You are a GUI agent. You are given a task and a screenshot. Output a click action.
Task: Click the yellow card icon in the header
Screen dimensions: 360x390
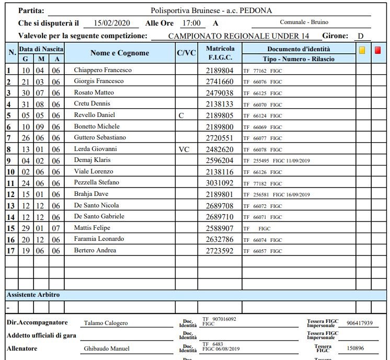click(x=362, y=51)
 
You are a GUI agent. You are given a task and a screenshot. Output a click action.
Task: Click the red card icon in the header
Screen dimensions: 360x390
click(x=378, y=51)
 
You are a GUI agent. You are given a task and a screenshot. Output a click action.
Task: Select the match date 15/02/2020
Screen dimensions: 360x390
click(x=111, y=24)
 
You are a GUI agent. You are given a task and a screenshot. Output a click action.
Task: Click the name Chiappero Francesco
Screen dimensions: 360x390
click(x=102, y=70)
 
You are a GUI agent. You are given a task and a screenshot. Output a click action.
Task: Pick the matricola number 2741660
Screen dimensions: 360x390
click(x=220, y=82)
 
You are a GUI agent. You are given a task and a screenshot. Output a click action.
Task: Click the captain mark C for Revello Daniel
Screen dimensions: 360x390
click(x=181, y=115)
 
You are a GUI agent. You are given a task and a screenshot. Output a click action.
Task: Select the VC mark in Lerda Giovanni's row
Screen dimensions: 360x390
click(x=183, y=149)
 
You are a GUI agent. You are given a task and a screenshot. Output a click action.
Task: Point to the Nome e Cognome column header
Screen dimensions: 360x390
click(x=120, y=53)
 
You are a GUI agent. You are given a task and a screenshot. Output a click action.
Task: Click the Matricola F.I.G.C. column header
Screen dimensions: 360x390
click(x=220, y=53)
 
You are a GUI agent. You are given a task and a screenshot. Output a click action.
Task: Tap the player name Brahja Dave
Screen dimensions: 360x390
click(x=91, y=194)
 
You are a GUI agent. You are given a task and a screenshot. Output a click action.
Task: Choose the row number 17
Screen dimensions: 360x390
click(x=10, y=251)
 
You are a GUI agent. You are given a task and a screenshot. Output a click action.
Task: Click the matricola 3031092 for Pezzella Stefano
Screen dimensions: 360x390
click(x=220, y=183)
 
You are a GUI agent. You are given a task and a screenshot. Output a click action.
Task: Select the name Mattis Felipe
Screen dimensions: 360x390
click(x=93, y=228)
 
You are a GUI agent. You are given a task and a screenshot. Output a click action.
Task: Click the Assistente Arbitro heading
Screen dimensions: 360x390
click(x=33, y=295)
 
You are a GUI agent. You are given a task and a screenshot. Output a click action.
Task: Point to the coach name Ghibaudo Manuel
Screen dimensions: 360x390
click(x=107, y=349)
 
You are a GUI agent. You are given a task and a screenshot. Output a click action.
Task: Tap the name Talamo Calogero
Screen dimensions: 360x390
click(x=106, y=323)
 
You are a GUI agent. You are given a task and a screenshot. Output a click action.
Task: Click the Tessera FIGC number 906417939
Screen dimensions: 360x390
click(x=355, y=323)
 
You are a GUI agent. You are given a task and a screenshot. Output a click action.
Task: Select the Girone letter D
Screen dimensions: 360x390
click(x=361, y=36)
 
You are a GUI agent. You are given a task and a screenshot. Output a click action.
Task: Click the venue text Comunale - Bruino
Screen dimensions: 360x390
click(x=304, y=22)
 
